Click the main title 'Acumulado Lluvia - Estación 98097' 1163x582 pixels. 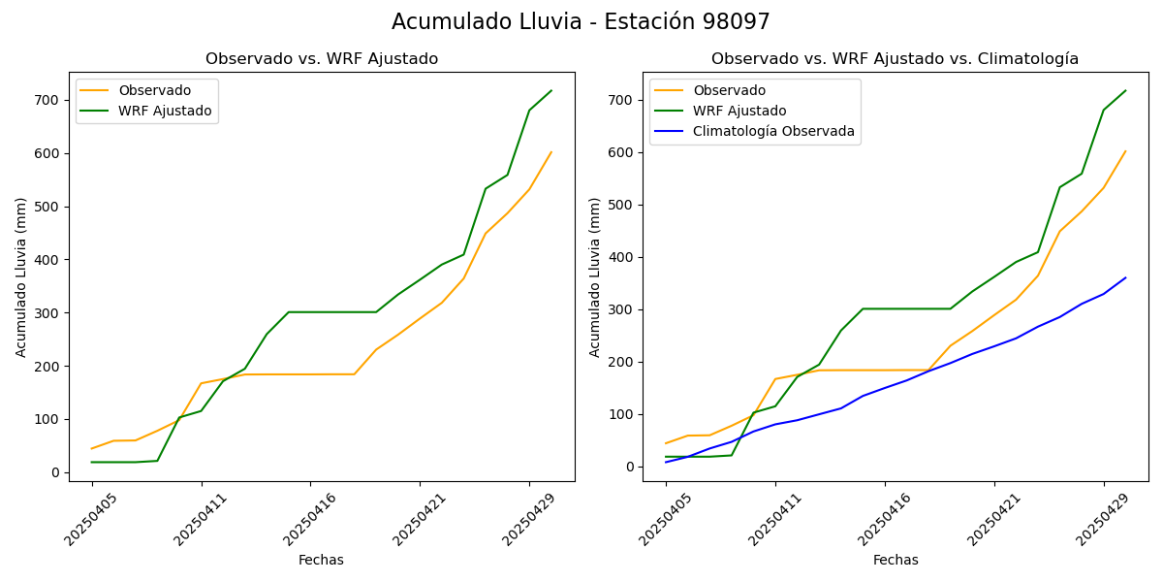point(581,21)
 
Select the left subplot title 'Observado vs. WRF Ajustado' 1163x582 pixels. point(322,59)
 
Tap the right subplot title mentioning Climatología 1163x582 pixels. point(895,59)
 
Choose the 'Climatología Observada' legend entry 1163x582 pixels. point(773,132)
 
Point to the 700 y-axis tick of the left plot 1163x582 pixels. point(48,100)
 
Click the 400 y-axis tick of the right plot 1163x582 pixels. point(622,257)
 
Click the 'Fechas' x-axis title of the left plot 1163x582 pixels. point(321,560)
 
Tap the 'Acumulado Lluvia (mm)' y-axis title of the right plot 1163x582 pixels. point(595,276)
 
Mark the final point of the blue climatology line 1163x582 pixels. point(1125,277)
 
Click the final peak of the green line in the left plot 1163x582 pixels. point(551,91)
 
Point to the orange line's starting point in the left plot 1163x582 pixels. point(92,448)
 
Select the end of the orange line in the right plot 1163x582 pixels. point(1125,151)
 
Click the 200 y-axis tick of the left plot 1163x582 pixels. point(48,366)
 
